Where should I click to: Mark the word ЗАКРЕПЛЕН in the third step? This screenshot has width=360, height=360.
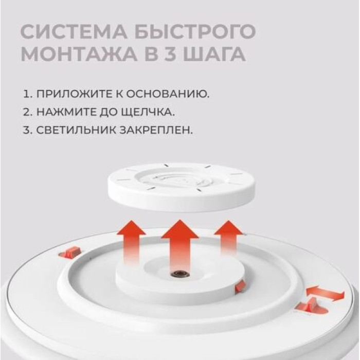pos(163,130)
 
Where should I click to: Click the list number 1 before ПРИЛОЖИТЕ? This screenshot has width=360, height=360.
pos(26,94)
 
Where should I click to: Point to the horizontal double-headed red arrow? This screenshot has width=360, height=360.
pos(325,294)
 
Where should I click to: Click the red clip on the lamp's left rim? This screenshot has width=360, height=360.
pos(70,252)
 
